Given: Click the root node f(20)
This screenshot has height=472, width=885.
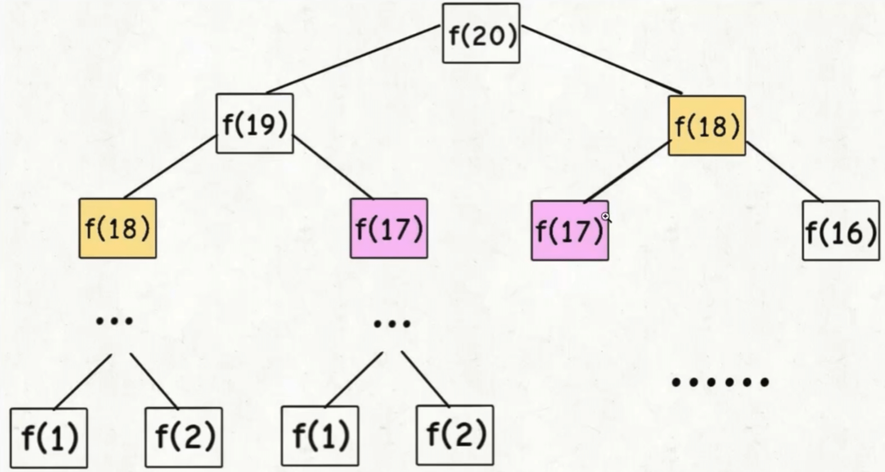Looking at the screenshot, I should tap(481, 33).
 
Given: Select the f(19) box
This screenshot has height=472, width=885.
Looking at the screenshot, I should tap(255, 123).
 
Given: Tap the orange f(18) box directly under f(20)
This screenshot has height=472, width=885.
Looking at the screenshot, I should tap(707, 126).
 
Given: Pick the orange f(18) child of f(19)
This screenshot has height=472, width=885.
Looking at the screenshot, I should tap(118, 228).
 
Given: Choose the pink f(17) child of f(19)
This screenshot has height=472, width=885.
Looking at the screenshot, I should tap(389, 228).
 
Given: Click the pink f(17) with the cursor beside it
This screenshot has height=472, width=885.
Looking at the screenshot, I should tap(569, 230).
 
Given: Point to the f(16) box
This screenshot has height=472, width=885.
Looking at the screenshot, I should tap(841, 230).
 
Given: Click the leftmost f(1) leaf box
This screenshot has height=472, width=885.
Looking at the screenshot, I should tap(49, 438).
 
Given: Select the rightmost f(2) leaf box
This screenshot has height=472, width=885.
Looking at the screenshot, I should tap(455, 434).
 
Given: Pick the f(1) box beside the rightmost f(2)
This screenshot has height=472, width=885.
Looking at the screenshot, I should tap(320, 435).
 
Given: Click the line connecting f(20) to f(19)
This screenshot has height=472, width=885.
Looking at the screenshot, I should tap(353, 59).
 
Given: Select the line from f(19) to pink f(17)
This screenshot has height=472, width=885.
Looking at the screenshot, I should tap(333, 167).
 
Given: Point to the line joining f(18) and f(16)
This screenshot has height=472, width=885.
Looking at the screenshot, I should tap(784, 172).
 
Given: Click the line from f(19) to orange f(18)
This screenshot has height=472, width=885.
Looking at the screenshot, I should tap(170, 167).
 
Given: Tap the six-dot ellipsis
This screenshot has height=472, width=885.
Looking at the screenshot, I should tap(720, 382).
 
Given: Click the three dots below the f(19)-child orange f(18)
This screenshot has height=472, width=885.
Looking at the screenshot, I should tap(114, 321).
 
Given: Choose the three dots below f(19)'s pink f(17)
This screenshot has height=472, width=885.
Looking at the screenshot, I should tap(392, 323).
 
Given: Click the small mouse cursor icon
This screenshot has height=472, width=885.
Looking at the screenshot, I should tap(606, 217).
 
